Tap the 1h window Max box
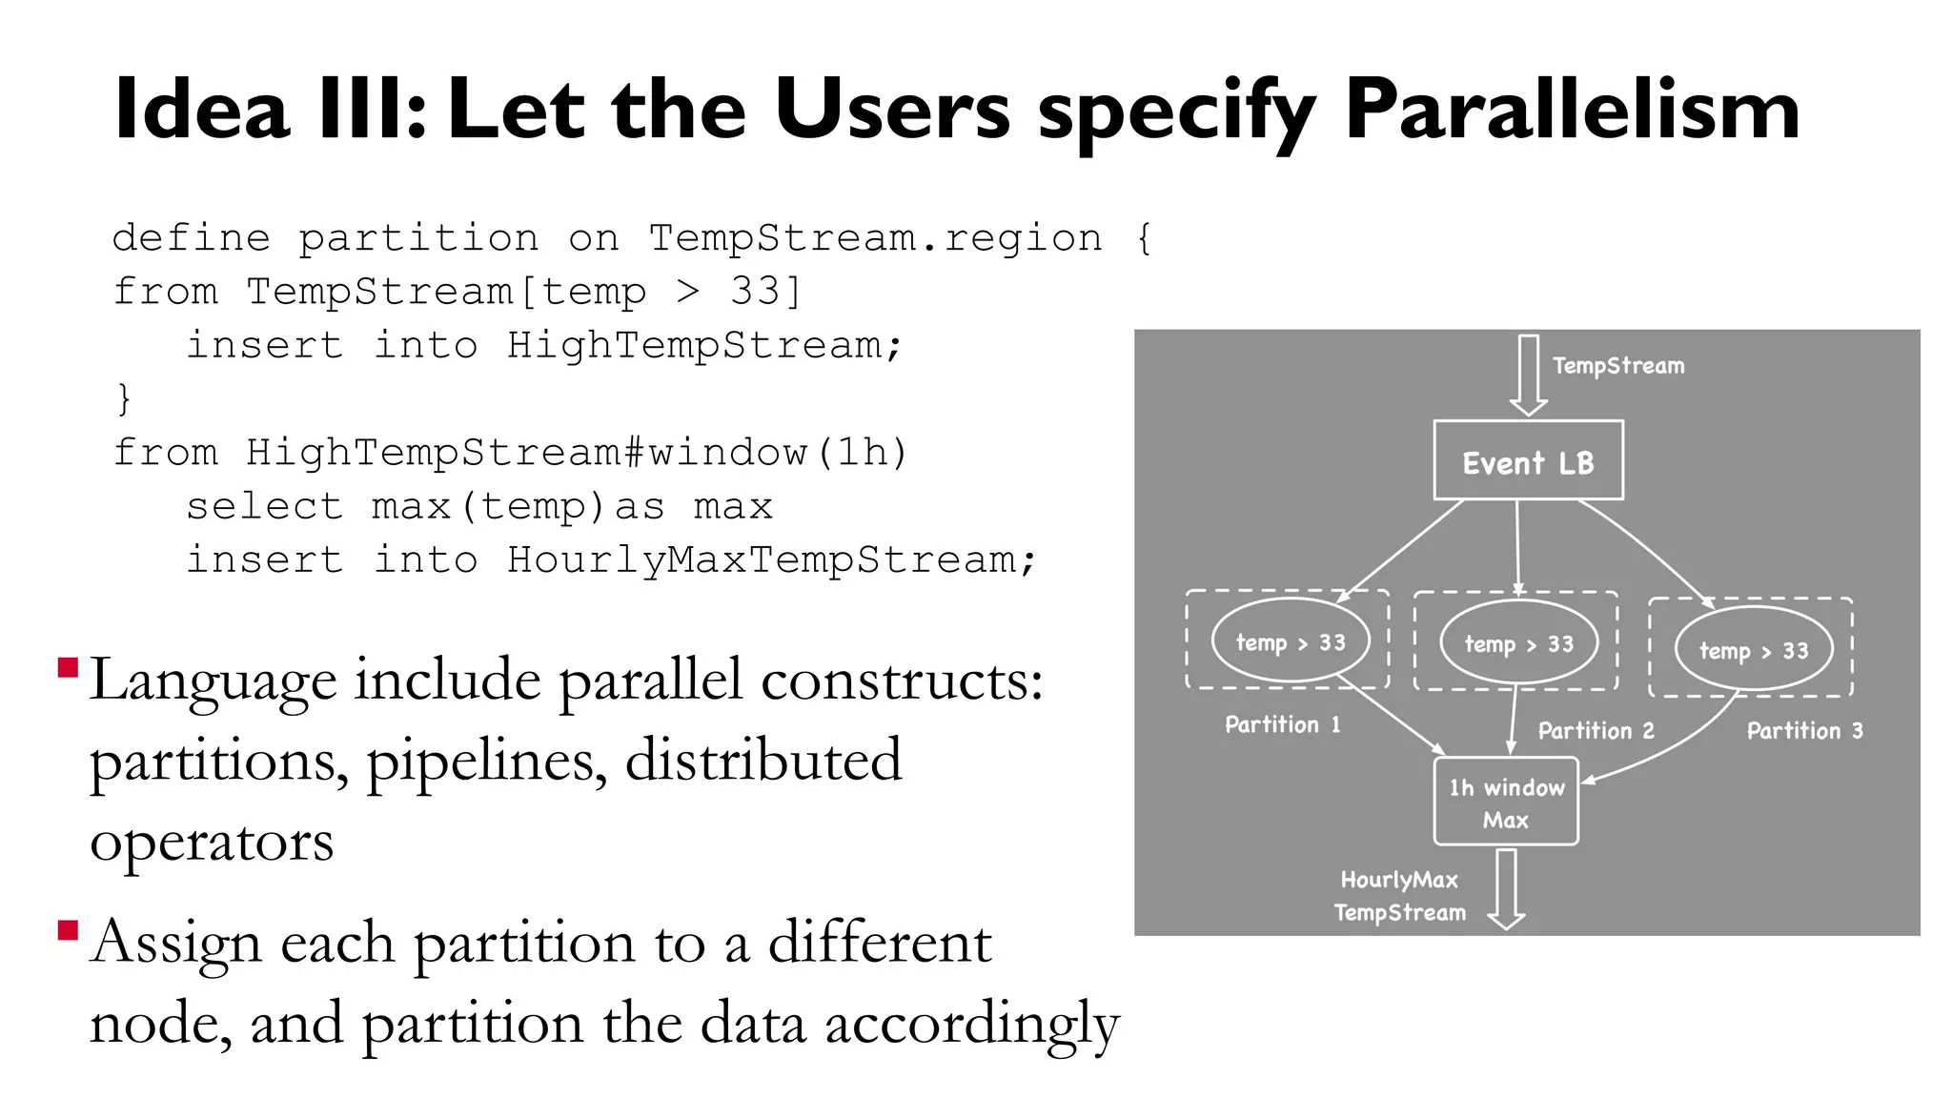tap(1506, 802)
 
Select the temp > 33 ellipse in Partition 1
tap(1291, 641)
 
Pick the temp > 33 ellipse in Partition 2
tap(1518, 643)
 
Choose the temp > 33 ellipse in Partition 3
tap(1754, 650)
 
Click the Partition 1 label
tap(1282, 724)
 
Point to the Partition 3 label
tap(1804, 730)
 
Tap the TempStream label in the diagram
tap(1618, 365)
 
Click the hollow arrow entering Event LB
tap(1529, 375)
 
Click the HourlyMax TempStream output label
tap(1399, 896)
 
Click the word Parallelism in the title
tap(1572, 111)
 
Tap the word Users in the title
tap(891, 111)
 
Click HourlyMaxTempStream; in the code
tap(771, 559)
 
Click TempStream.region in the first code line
tap(875, 237)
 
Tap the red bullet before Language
tap(68, 666)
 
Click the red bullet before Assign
tap(68, 929)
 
